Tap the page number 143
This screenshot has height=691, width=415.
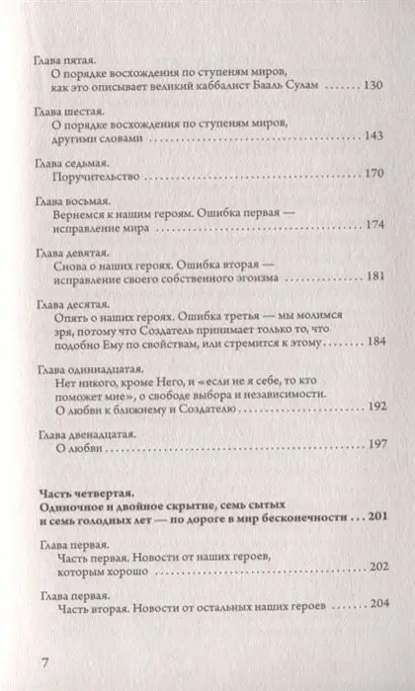coord(375,137)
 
